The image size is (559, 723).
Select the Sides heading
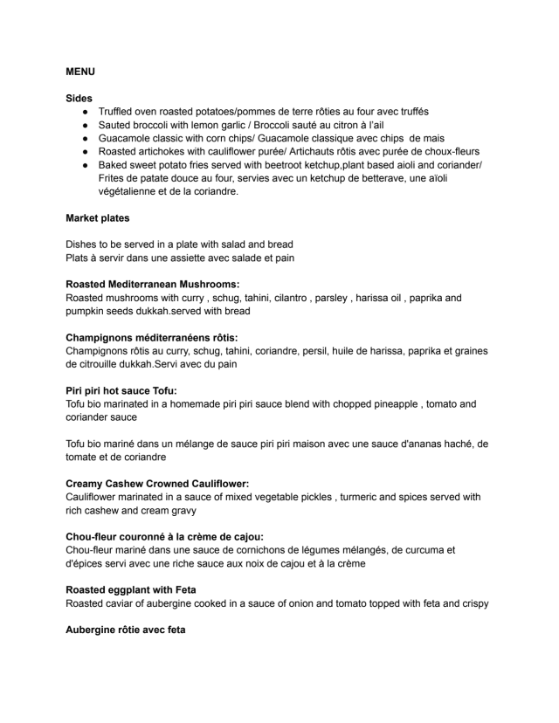coord(79,99)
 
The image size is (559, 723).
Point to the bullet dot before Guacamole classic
coord(86,138)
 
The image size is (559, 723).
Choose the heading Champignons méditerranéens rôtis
coord(152,337)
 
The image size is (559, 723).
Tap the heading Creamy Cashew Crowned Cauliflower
coord(157,483)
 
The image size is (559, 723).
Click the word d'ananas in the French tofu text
coord(400,444)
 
